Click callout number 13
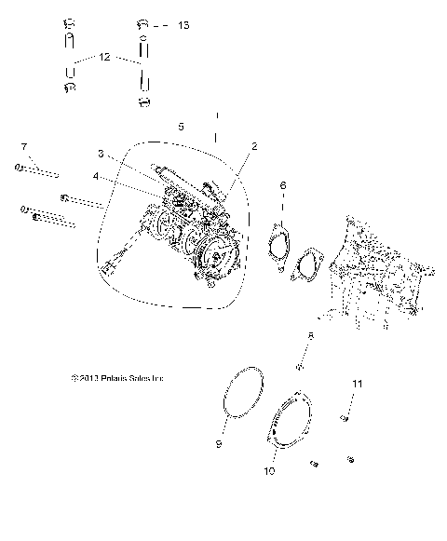pos(183,25)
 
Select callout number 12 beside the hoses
pos(104,58)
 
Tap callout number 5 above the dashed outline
pos(182,125)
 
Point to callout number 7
pos(23,146)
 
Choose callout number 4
pos(95,175)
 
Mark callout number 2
pos(253,146)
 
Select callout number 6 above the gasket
pos(282,186)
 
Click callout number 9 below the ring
pos(218,445)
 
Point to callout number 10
pos(269,471)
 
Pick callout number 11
pos(354,382)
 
